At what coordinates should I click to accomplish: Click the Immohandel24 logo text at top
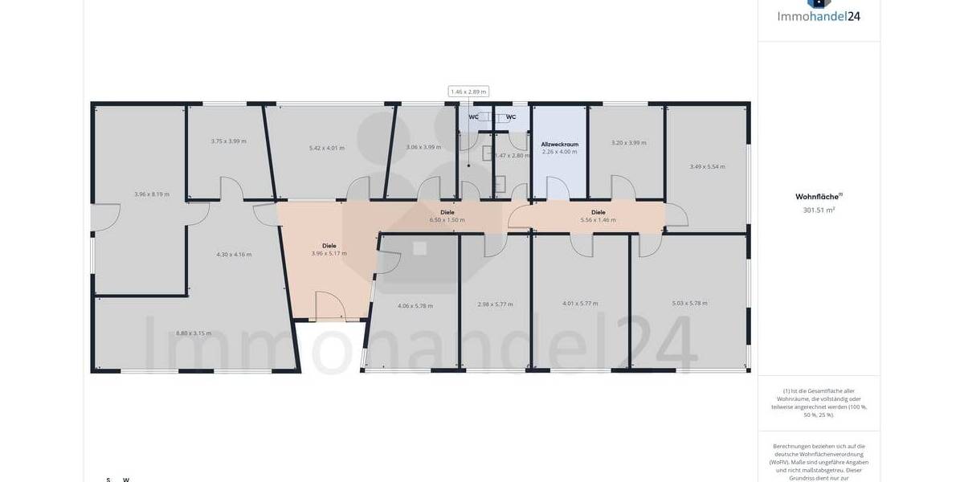[x=818, y=16]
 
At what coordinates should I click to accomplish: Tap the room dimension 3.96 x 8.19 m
[x=151, y=194]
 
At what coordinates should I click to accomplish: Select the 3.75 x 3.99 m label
[x=228, y=141]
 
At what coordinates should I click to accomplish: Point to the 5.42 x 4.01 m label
[x=327, y=148]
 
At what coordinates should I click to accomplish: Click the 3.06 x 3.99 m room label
[x=423, y=147]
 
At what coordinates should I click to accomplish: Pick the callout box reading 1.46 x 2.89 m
[x=468, y=92]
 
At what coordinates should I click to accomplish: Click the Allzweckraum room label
[x=559, y=145]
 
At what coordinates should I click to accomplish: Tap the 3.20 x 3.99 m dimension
[x=628, y=142]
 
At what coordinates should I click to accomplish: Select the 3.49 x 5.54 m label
[x=707, y=167]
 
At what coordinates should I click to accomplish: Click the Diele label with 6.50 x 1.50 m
[x=447, y=212]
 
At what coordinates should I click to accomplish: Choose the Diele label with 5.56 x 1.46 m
[x=598, y=212]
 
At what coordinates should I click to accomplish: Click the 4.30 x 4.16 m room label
[x=234, y=255]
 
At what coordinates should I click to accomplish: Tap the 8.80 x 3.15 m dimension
[x=194, y=333]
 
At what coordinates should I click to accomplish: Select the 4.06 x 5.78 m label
[x=415, y=305]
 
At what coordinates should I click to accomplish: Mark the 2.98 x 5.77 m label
[x=495, y=304]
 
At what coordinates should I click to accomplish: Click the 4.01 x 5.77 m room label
[x=580, y=303]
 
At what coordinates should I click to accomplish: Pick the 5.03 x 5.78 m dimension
[x=689, y=303]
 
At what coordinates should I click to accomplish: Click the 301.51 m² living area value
[x=819, y=210]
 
